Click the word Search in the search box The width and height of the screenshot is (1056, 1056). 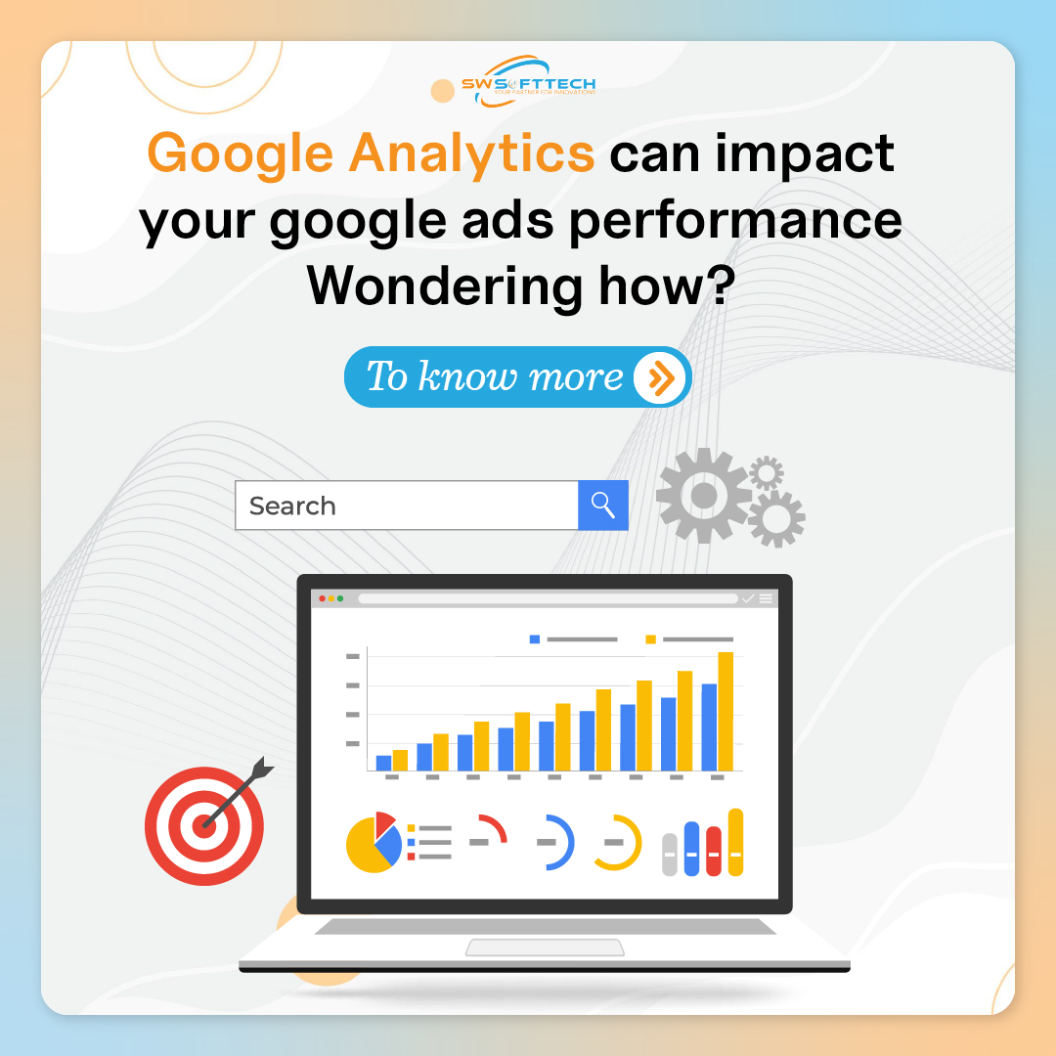coord(292,506)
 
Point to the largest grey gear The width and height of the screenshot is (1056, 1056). coord(703,497)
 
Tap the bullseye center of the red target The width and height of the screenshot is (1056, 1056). coord(204,825)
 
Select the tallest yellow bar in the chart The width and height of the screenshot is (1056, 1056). coord(725,711)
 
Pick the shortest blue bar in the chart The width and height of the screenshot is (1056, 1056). coord(383,762)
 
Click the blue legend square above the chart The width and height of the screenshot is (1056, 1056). coord(535,639)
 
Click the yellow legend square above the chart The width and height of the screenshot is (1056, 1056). coord(650,639)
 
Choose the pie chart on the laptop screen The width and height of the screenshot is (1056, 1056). coord(374,842)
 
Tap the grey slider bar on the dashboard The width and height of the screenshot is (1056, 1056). coord(669,855)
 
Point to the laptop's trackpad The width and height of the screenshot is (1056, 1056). coord(545,946)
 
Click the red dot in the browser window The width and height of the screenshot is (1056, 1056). coord(323,598)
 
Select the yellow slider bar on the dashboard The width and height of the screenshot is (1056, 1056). coord(735,842)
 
